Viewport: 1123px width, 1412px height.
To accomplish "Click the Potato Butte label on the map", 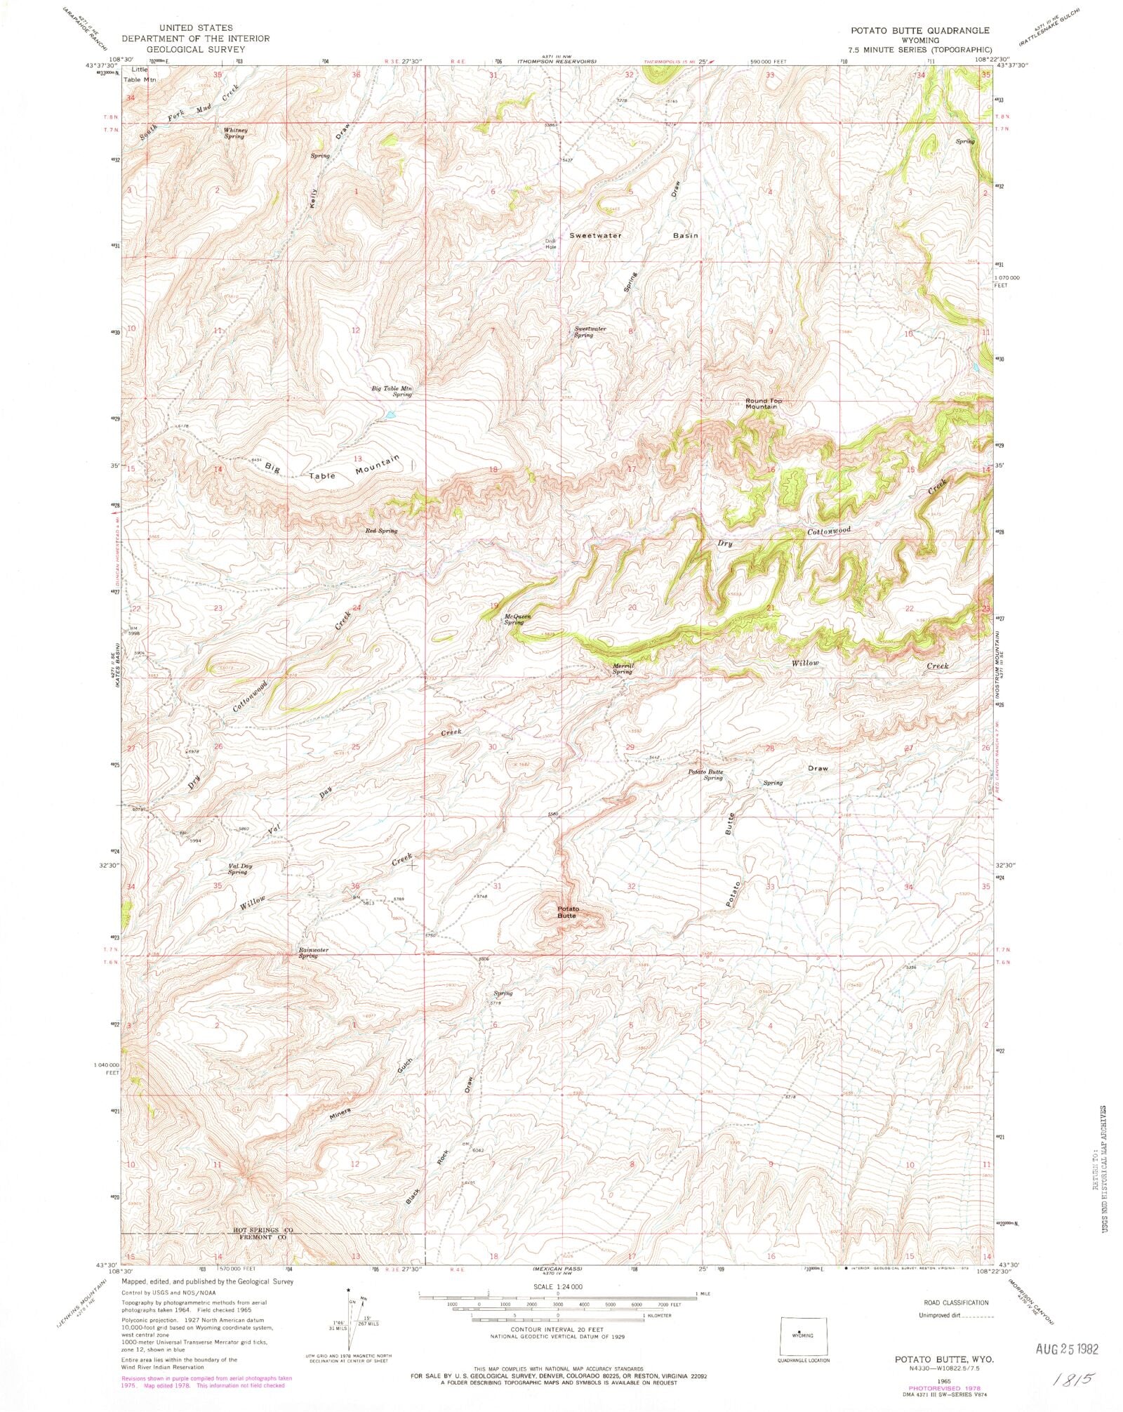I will click(x=567, y=912).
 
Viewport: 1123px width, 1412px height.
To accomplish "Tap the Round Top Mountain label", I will click(x=763, y=404).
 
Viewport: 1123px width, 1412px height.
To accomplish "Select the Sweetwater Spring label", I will click(x=590, y=331).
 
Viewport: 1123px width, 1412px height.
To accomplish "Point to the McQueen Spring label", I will click(x=518, y=619).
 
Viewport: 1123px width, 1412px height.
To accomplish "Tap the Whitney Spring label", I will click(x=234, y=133).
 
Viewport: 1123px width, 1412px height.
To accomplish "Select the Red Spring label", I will click(x=381, y=531).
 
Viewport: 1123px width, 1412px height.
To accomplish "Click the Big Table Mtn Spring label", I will click(x=392, y=391).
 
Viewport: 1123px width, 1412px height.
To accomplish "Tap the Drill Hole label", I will click(x=551, y=244).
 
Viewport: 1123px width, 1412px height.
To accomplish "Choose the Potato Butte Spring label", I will click(x=705, y=774).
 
